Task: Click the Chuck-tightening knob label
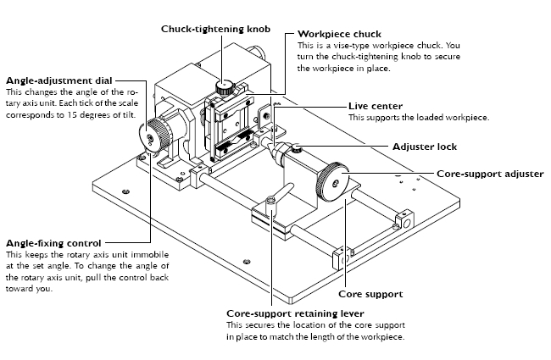[215, 28]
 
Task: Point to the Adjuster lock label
[425, 147]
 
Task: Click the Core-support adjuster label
[489, 173]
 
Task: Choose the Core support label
[370, 294]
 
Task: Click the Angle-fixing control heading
[53, 244]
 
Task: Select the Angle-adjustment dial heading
[58, 80]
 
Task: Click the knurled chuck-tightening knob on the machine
[225, 86]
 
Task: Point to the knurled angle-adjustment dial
[157, 134]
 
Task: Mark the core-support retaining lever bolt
[270, 203]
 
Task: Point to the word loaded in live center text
[420, 117]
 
